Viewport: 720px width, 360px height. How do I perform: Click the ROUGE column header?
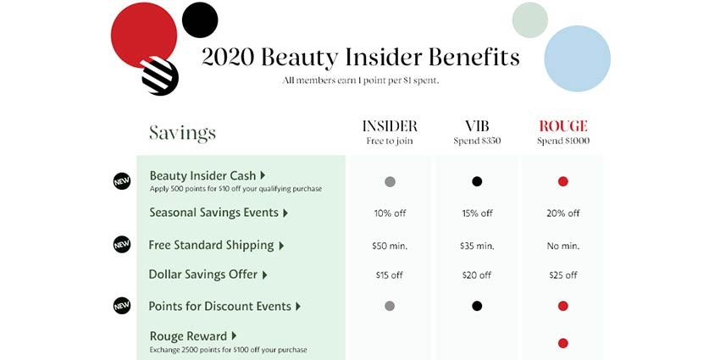(x=563, y=126)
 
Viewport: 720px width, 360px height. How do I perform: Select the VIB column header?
(x=477, y=126)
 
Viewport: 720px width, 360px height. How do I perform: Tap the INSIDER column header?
(x=390, y=126)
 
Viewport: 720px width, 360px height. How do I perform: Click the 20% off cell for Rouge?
(x=563, y=213)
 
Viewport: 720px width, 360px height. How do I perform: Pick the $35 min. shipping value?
(x=477, y=246)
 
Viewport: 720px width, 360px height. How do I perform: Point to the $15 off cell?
(x=390, y=275)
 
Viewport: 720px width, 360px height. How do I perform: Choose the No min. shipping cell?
(x=563, y=246)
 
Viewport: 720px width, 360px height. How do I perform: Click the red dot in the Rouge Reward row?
(x=563, y=343)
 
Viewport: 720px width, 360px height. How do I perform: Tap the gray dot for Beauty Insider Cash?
(x=390, y=181)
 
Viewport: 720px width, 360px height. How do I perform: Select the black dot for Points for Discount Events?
(x=477, y=306)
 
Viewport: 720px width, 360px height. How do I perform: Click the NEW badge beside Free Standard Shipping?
(x=122, y=244)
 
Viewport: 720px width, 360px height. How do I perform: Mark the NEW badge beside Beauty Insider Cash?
(x=122, y=181)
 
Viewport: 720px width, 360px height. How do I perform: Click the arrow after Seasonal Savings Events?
(x=285, y=213)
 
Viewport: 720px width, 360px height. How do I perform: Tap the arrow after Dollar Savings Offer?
(x=264, y=275)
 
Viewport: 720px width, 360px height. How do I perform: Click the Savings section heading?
(x=182, y=134)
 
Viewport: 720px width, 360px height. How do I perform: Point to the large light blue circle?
(x=577, y=58)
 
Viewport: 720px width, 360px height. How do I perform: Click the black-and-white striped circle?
(x=160, y=76)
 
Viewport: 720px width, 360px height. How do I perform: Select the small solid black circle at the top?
(x=200, y=19)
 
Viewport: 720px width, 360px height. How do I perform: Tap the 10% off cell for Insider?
(x=390, y=213)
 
